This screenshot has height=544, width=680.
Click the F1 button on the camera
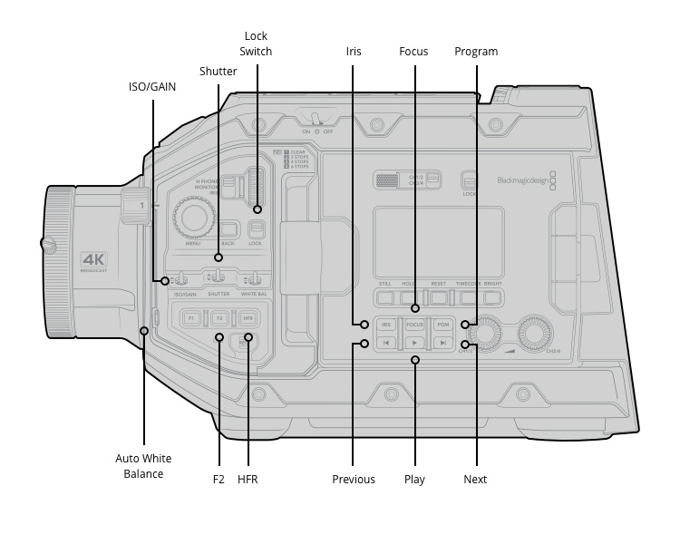pos(191,318)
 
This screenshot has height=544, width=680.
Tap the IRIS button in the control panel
pos(386,324)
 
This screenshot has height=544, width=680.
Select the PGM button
pos(442,324)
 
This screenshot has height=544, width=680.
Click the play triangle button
pos(414,343)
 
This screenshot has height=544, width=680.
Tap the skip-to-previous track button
pos(386,343)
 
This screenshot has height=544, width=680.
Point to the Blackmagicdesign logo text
pos(523,180)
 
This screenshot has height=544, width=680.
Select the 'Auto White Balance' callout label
pos(143,466)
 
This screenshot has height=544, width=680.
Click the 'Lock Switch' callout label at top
pos(256,44)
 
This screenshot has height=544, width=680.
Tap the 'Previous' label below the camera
pos(354,480)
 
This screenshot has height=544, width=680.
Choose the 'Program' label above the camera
pos(476,52)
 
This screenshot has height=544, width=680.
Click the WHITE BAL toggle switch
pos(257,279)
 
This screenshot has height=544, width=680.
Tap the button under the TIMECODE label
pos(468,296)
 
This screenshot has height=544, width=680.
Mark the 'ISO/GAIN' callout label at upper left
pos(152,87)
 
